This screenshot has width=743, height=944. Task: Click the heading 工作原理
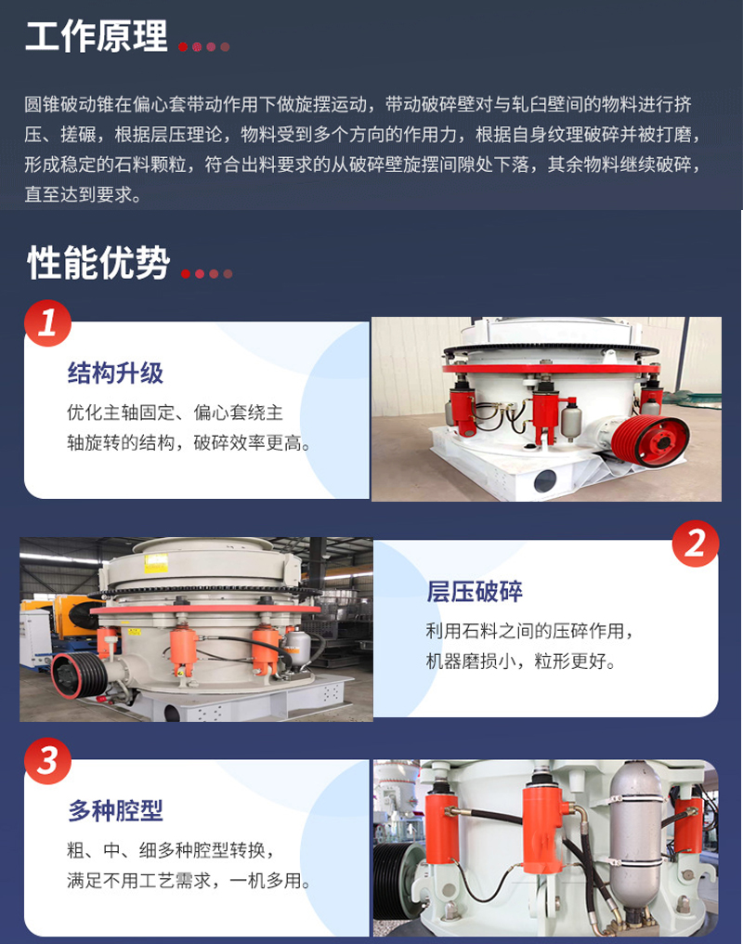pos(97,36)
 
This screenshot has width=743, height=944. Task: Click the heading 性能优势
pos(98,263)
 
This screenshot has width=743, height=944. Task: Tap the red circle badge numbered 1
pos(47,323)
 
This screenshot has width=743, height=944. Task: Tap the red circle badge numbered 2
pos(696,544)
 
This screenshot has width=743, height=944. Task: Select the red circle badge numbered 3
pos(47,761)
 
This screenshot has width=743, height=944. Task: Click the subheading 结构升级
pos(115,373)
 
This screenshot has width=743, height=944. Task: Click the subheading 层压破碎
pos(475,591)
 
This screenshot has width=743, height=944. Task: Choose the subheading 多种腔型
pos(115,810)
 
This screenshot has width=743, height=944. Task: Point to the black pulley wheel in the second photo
pos(78,675)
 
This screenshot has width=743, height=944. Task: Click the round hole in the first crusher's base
pos(545,481)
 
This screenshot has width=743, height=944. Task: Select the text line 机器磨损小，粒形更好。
pos(521,661)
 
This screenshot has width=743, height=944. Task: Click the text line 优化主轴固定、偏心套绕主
pos(176,413)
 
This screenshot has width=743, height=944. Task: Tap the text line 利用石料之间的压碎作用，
pos(530,631)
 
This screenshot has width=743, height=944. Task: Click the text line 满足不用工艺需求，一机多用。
pos(189,881)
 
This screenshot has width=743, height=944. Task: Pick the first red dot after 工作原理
pos(184,47)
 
